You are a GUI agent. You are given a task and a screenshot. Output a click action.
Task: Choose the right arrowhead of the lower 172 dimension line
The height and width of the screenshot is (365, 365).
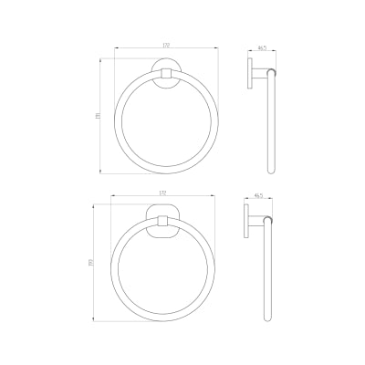[x=214, y=198]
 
